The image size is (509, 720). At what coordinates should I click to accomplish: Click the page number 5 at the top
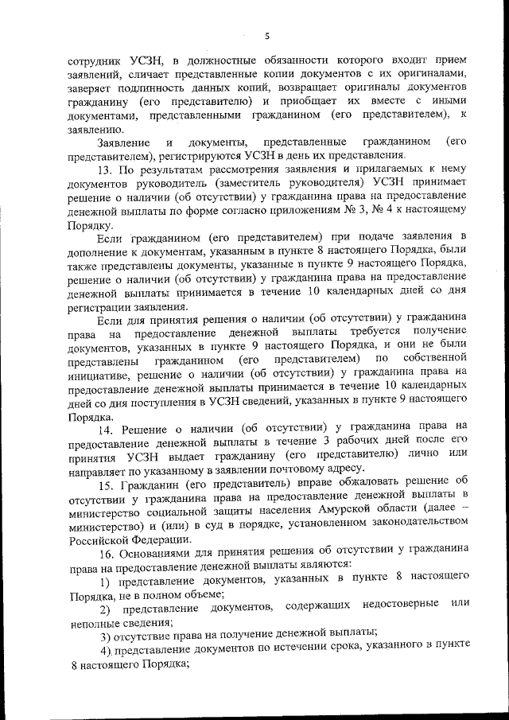click(x=267, y=36)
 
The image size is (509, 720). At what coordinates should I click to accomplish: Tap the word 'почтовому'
click(x=309, y=471)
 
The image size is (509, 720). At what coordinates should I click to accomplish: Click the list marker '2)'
click(x=104, y=609)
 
